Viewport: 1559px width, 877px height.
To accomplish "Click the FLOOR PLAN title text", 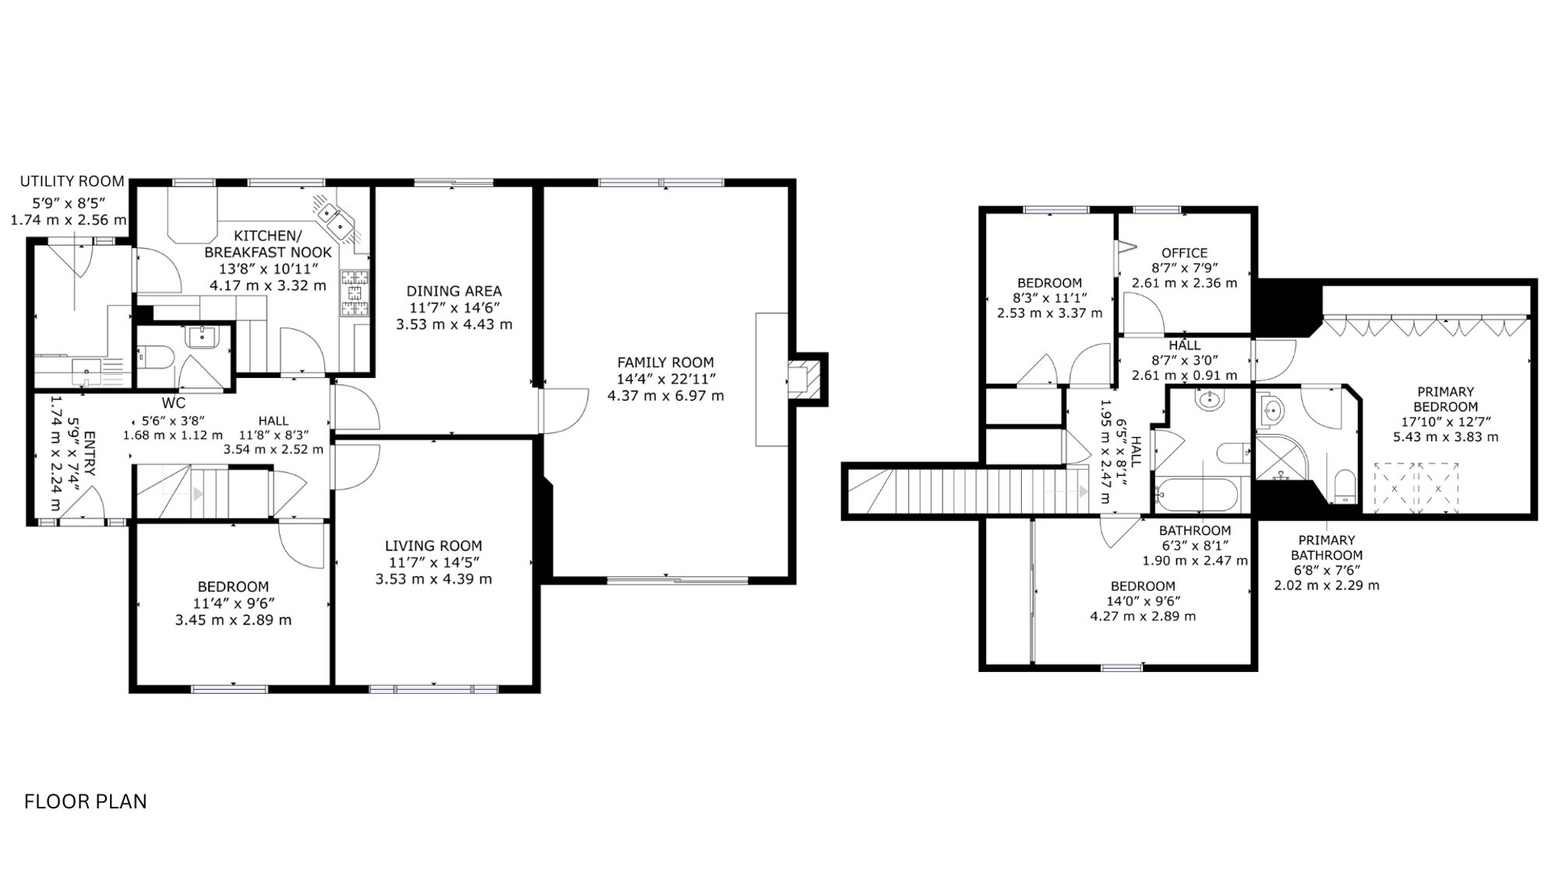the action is point(86,801).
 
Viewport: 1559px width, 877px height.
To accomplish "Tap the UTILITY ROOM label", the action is point(72,181).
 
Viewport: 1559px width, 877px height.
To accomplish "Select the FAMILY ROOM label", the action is point(666,362).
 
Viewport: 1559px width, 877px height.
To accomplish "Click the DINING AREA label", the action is point(454,292).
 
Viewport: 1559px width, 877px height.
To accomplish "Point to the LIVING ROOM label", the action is point(433,546).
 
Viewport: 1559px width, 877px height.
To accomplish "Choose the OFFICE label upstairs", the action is point(1184,253).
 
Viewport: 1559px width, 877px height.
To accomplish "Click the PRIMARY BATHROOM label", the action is point(1327,547).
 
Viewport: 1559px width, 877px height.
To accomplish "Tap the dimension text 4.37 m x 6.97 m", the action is point(666,396).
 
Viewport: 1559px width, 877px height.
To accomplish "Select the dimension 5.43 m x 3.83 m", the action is point(1445,437).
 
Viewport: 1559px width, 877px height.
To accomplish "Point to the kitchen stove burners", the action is point(355,292).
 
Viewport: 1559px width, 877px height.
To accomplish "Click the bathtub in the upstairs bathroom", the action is point(1195,494).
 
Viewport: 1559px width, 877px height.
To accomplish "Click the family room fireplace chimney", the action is point(806,378).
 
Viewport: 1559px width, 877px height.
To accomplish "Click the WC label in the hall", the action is point(173,403).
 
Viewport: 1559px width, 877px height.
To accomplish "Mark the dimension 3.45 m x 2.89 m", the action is point(233,621).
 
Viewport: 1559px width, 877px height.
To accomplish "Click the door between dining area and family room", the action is point(563,411).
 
